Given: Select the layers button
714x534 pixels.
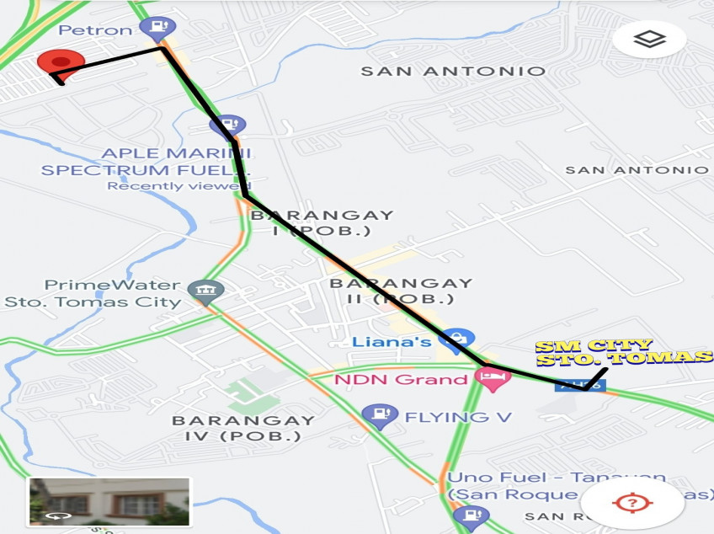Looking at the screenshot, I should pyautogui.click(x=649, y=39).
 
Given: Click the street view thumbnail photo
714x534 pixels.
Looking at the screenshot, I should pyautogui.click(x=109, y=502).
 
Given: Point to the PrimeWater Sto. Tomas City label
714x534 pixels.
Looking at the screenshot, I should pyautogui.click(x=93, y=293).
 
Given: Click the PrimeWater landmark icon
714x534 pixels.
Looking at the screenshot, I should pyautogui.click(x=205, y=291).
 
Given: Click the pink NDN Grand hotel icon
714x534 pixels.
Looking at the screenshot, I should pyautogui.click(x=493, y=378).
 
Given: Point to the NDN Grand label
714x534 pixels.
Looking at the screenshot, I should pyautogui.click(x=401, y=380).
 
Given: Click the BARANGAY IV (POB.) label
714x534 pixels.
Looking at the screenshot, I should pyautogui.click(x=243, y=428).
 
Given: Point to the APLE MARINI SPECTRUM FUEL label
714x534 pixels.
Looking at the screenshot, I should pyautogui.click(x=147, y=161).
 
